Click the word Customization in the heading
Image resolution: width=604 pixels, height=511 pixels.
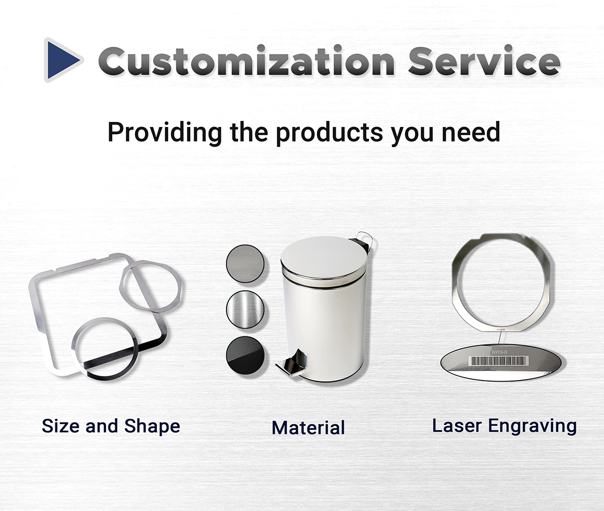(247, 60)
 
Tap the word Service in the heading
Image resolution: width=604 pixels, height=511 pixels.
(484, 60)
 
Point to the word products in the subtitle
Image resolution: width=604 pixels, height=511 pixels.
(330, 133)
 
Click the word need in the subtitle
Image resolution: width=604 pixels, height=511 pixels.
(471, 133)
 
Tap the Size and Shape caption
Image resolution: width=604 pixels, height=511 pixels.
(111, 426)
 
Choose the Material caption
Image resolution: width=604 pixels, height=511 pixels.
(309, 427)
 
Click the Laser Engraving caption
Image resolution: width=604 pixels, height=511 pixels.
(504, 426)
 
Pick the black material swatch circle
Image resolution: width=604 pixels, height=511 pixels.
(245, 355)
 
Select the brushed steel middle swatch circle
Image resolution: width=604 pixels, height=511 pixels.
(245, 309)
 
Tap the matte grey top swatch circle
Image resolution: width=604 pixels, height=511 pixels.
(245, 264)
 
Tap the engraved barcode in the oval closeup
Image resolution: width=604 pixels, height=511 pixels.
(499, 361)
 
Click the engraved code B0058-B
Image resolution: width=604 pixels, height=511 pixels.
(499, 352)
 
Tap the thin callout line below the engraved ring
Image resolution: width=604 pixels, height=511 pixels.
(500, 338)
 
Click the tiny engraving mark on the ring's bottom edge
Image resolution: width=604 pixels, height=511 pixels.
(501, 330)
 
